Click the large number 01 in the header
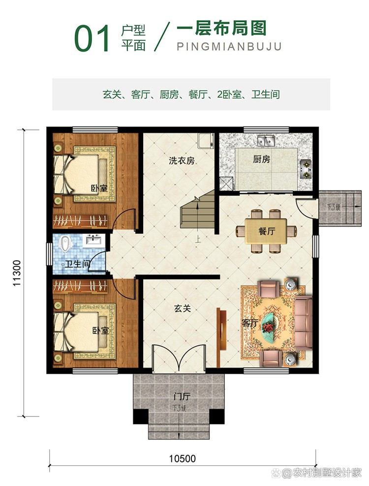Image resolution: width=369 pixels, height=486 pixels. (x=92, y=39)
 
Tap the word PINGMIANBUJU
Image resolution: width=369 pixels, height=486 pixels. (x=229, y=47)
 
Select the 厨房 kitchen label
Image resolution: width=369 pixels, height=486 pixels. (x=261, y=160)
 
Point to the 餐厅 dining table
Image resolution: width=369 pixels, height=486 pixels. (x=267, y=231)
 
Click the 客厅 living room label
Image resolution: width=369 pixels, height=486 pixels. (x=249, y=323)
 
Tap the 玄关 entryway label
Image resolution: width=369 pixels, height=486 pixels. (x=182, y=309)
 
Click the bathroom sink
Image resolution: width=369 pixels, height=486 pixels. (x=93, y=240)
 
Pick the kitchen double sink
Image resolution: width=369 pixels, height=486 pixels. (x=266, y=141)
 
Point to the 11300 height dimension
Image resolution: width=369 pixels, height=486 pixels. (x=17, y=271)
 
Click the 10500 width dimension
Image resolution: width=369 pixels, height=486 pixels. (x=182, y=458)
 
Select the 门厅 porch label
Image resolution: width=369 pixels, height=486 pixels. (x=182, y=397)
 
